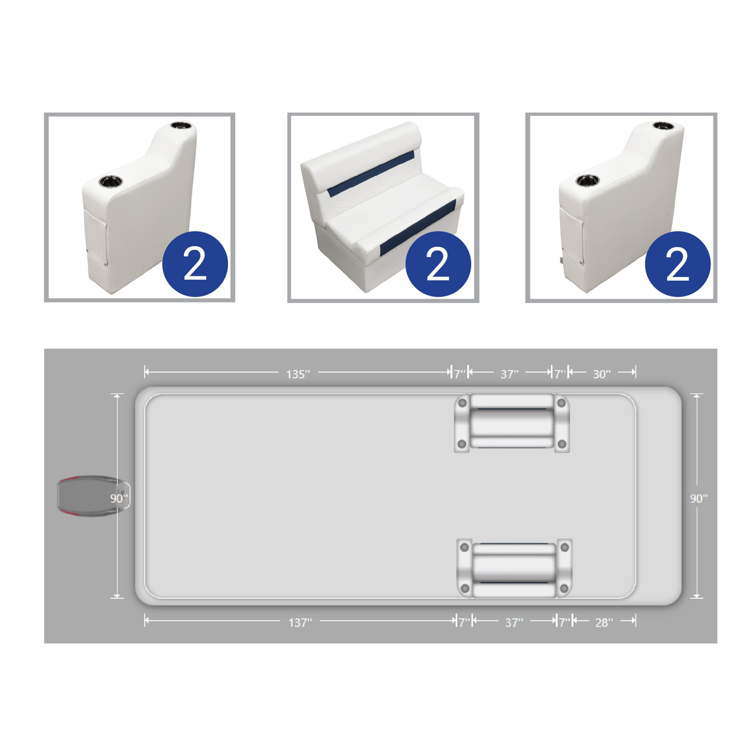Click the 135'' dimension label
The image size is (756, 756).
pyautogui.click(x=298, y=374)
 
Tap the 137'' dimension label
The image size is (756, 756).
pyautogui.click(x=300, y=622)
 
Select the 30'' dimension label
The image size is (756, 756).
pyautogui.click(x=602, y=374)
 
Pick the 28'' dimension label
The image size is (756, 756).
pyautogui.click(x=604, y=622)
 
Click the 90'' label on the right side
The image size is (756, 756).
pyautogui.click(x=699, y=498)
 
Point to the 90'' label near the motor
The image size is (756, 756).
pyautogui.click(x=119, y=498)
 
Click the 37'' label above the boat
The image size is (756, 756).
pyautogui.click(x=509, y=374)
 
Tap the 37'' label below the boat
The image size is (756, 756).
pyautogui.click(x=514, y=622)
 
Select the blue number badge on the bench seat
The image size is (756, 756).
pyautogui.click(x=438, y=263)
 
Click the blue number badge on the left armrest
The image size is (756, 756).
pyautogui.click(x=195, y=263)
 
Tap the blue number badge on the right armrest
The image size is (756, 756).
pyautogui.click(x=677, y=263)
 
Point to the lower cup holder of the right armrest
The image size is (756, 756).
pyautogui.click(x=587, y=181)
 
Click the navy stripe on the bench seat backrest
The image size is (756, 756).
pyautogui.click(x=371, y=174)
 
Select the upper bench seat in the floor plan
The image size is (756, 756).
pyautogui.click(x=511, y=423)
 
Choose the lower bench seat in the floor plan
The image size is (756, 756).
pyautogui.click(x=514, y=568)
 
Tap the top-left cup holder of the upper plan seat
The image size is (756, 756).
pyautogui.click(x=462, y=403)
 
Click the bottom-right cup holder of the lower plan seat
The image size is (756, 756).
pyautogui.click(x=564, y=588)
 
